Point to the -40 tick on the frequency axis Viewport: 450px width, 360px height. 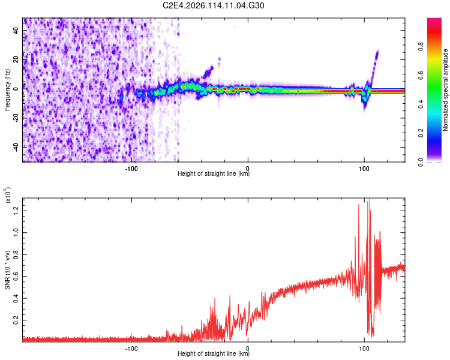point(17,147)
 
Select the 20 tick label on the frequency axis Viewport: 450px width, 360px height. point(17,59)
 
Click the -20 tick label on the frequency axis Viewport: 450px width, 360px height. point(17,118)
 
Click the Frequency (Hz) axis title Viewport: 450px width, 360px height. point(7,90)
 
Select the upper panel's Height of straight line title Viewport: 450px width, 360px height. point(214,174)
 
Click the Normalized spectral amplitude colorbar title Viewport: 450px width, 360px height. point(446,90)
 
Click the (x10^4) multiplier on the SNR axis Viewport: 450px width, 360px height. point(8,196)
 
